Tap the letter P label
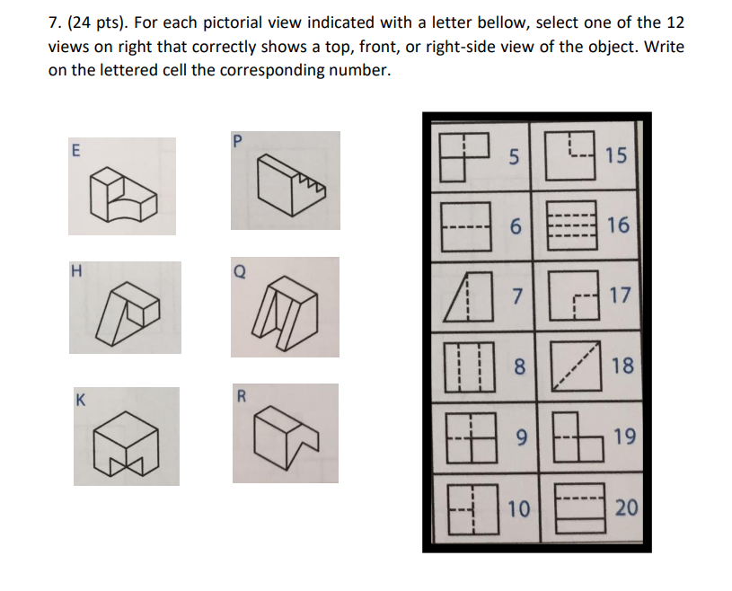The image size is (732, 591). click(x=237, y=140)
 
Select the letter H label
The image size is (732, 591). click(x=77, y=269)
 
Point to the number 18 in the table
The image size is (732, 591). click(x=621, y=365)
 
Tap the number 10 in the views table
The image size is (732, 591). click(x=517, y=509)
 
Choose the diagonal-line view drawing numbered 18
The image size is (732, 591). click(x=571, y=366)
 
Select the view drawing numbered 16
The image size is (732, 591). click(x=571, y=225)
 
